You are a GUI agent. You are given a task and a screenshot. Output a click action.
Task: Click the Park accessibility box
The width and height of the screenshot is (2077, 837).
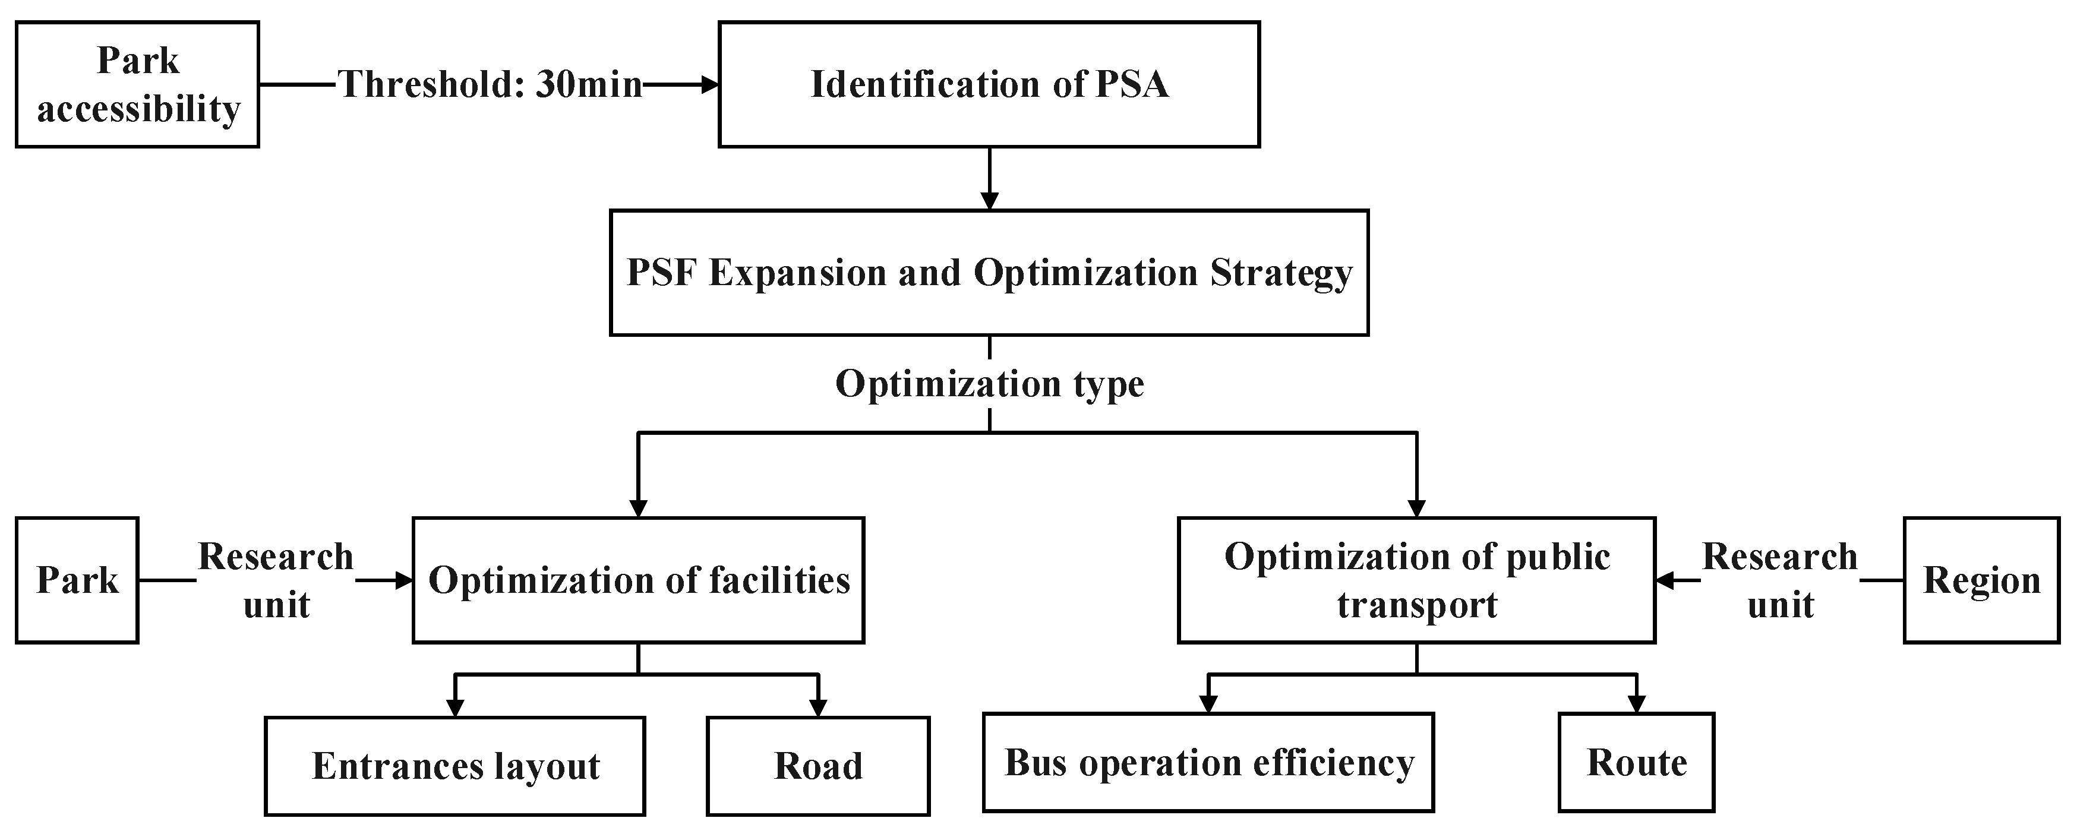pos(137,85)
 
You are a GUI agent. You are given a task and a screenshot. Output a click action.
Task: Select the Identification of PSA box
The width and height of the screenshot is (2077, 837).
pos(989,85)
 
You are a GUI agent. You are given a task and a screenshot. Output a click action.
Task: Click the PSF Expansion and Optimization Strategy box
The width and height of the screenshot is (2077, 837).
pos(989,273)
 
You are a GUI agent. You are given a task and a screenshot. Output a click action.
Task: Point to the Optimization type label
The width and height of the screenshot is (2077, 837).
pos(989,384)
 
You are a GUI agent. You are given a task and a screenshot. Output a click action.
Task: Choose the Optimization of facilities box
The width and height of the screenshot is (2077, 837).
pos(638,580)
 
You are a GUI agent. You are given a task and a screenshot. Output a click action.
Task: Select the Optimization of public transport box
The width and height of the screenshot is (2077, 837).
pos(1416,580)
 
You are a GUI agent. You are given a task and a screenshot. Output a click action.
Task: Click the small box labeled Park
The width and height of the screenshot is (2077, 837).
pos(77,580)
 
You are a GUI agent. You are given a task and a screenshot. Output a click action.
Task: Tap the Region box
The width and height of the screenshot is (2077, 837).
pos(1981,580)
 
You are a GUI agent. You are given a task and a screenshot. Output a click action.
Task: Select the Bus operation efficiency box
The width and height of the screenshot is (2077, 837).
pos(1208,763)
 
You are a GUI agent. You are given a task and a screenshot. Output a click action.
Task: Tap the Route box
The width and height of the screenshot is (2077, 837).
pos(1636,763)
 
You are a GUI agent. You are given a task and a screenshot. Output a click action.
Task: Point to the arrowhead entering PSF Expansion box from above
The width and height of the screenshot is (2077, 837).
pos(989,201)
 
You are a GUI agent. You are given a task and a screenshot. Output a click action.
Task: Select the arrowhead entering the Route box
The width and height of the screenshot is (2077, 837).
pos(1636,704)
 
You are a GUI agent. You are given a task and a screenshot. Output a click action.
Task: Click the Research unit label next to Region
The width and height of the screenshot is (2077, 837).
pos(1779,580)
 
